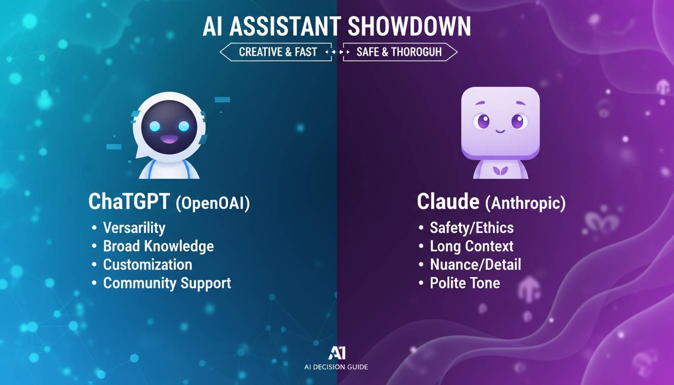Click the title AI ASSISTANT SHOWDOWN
[x=336, y=28]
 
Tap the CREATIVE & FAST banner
[x=277, y=52]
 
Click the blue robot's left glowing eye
[x=154, y=126]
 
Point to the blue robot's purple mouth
[x=169, y=139]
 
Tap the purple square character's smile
[x=500, y=131]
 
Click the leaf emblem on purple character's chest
[x=500, y=170]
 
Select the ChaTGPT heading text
[x=129, y=202]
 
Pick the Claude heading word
[x=448, y=202]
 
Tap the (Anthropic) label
[x=525, y=203]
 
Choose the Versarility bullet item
[x=134, y=228]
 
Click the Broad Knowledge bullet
[x=158, y=246]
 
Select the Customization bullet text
[x=147, y=264]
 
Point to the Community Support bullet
[x=166, y=283]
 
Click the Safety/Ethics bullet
[x=471, y=228]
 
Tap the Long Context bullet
[x=471, y=246]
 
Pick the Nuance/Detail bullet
[x=475, y=264]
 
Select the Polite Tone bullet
[x=464, y=283]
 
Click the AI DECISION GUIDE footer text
[x=336, y=367]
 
